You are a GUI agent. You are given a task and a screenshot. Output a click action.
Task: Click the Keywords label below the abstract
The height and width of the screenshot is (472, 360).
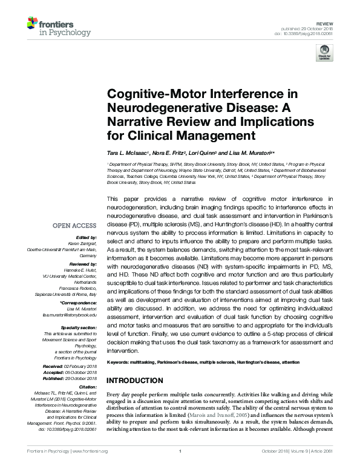pos(120,362)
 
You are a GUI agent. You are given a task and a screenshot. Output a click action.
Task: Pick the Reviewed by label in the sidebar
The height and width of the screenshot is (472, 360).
pos(81,264)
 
